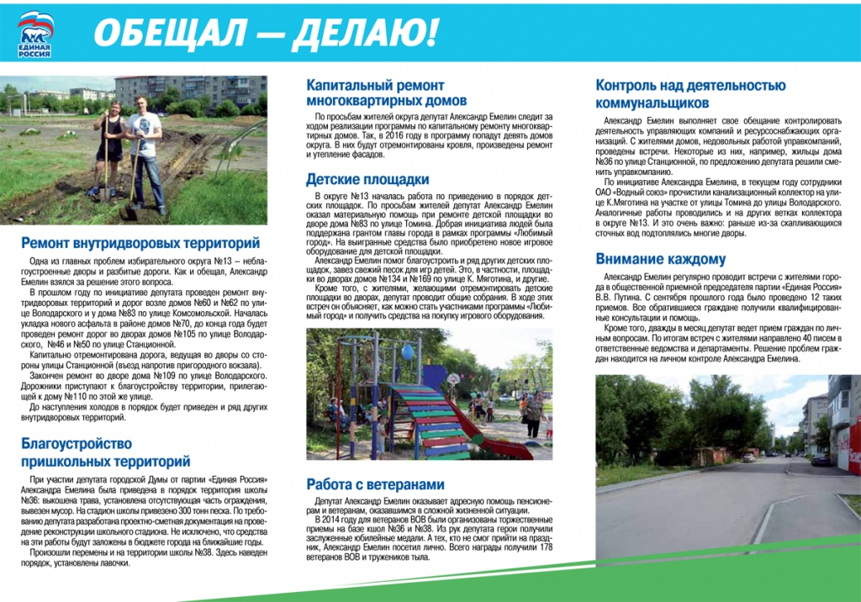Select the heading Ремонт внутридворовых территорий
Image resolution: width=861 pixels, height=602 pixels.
click(140, 244)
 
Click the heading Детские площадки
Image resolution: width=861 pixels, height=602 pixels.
click(367, 179)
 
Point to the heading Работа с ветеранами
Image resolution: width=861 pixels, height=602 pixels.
click(374, 484)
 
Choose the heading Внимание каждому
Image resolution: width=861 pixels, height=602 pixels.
click(660, 259)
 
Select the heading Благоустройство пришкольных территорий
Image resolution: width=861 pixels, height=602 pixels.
click(106, 452)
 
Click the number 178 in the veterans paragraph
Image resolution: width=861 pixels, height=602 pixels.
click(543, 547)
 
